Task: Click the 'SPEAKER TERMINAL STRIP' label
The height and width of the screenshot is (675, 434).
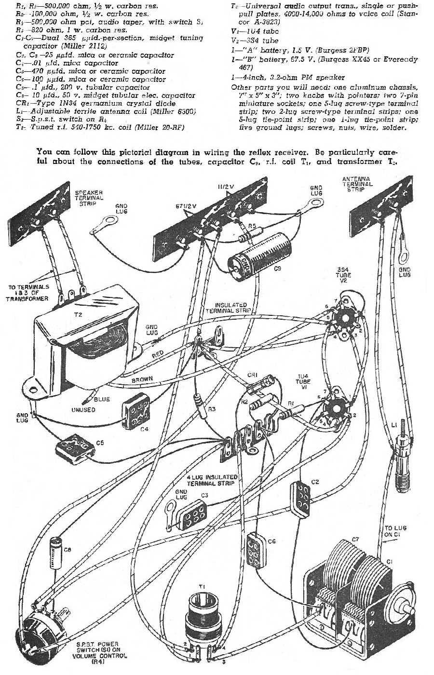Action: tap(89, 197)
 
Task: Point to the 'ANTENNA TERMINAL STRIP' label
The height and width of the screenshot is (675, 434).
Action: tap(357, 184)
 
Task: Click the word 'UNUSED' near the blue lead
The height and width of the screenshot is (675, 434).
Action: tap(83, 409)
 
